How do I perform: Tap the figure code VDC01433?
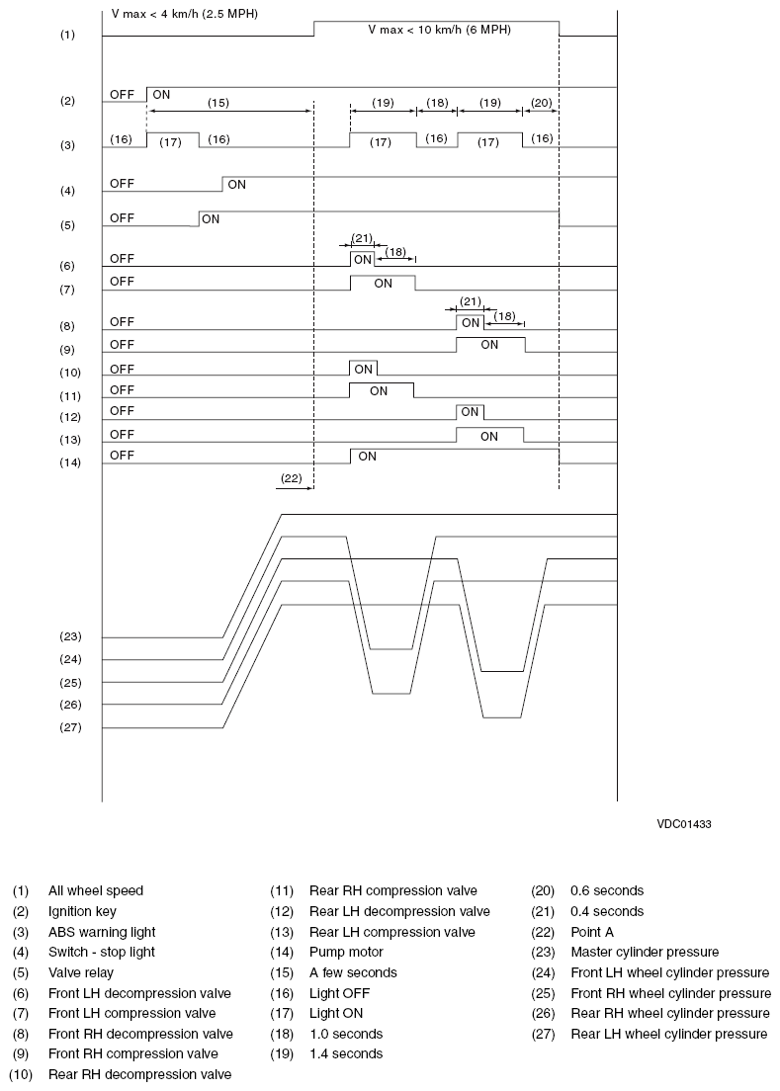682,822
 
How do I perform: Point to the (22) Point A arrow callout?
291,477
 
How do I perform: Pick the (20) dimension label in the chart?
541,102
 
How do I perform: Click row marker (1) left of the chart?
67,36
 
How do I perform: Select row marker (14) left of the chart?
67,462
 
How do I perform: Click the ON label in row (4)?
237,184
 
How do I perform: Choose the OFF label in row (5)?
123,217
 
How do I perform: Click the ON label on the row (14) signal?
367,457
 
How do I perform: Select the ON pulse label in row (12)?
470,411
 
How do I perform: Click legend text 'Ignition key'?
82,911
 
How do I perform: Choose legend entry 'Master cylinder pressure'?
644,952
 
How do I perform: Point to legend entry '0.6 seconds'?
606,890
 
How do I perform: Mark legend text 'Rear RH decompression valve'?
139,1074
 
